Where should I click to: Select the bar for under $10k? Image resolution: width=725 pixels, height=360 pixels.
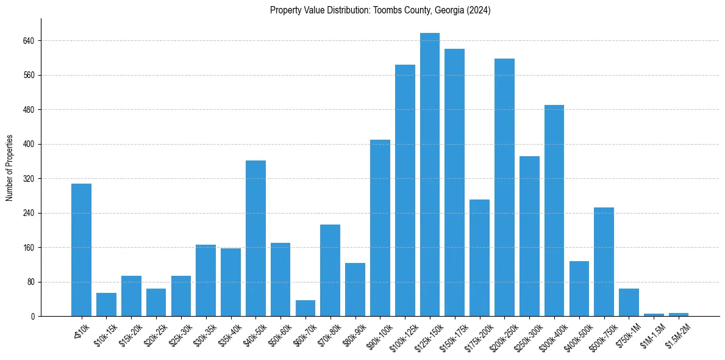click(81, 250)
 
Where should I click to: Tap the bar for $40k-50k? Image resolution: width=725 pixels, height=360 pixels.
click(255, 239)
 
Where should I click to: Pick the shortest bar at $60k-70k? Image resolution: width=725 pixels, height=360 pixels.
click(305, 309)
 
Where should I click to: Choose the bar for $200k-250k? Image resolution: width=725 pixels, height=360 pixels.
click(504, 187)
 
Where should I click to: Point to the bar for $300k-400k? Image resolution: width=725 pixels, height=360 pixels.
click(554, 211)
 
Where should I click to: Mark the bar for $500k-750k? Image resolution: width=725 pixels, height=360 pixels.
click(604, 262)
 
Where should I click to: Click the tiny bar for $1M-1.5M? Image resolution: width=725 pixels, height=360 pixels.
click(654, 315)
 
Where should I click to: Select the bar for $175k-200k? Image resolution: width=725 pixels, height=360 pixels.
click(479, 258)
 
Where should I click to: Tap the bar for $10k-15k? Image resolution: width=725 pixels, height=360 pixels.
click(106, 304)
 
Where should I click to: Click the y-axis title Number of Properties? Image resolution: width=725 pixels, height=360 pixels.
click(9, 168)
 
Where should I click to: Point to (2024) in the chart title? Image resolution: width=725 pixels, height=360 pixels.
click(479, 10)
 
